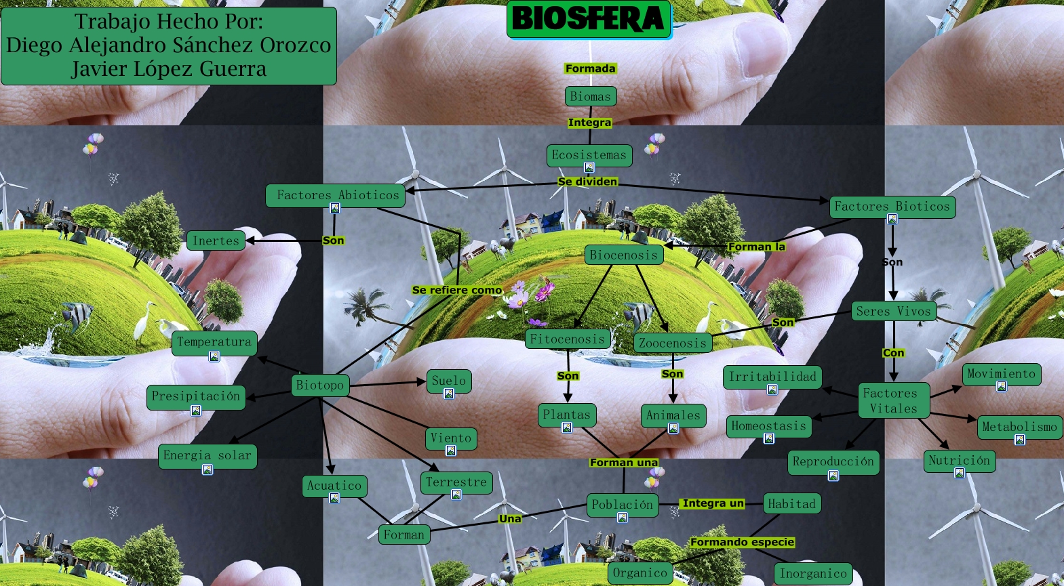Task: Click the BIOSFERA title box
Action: [588, 19]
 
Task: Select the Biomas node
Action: [590, 96]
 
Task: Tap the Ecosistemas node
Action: [589, 154]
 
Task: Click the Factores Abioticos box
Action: [338, 195]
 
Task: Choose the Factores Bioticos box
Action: [892, 207]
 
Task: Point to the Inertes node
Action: [216, 240]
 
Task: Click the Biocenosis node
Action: [623, 255]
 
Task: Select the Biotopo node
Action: [320, 385]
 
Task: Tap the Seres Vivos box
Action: [893, 311]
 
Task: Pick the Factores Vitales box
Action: [893, 400]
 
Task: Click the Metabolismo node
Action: [1019, 427]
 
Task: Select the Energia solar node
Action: [207, 455]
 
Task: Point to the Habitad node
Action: [791, 503]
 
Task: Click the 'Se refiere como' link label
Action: [457, 290]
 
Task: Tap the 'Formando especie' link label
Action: [742, 542]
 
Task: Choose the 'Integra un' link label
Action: [713, 503]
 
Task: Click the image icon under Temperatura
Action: [214, 356]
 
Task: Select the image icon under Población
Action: [623, 518]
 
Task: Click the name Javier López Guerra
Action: [169, 69]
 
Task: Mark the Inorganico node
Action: [813, 573]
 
